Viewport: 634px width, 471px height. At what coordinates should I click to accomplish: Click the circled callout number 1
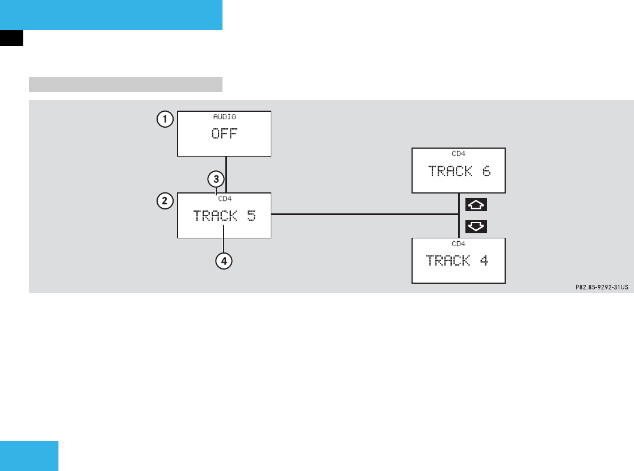click(165, 120)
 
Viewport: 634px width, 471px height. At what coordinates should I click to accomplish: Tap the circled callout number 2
click(165, 200)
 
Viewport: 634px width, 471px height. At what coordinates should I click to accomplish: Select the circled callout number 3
click(215, 179)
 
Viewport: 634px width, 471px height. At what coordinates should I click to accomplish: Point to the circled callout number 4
click(224, 261)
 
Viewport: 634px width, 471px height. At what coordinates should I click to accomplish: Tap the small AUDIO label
click(224, 116)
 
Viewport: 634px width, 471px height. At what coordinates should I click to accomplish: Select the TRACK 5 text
click(224, 216)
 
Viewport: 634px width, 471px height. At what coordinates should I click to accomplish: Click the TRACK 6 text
click(459, 171)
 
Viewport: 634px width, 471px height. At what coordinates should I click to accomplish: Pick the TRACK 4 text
click(457, 260)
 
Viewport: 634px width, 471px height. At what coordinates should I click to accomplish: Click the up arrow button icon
click(476, 204)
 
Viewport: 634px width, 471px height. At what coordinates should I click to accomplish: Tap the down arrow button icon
click(476, 226)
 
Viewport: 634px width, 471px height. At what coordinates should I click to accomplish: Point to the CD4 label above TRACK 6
click(458, 153)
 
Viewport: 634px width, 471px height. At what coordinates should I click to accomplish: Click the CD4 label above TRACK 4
click(458, 243)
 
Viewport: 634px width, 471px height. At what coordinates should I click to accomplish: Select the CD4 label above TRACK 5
click(225, 199)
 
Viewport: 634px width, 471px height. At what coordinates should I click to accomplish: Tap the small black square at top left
click(11, 37)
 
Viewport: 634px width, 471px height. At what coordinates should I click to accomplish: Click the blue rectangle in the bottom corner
click(29, 456)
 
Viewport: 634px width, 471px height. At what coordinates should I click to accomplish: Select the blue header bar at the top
click(111, 15)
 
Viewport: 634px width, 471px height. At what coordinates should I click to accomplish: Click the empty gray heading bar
click(125, 85)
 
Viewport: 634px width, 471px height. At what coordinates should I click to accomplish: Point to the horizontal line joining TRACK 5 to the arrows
click(363, 215)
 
